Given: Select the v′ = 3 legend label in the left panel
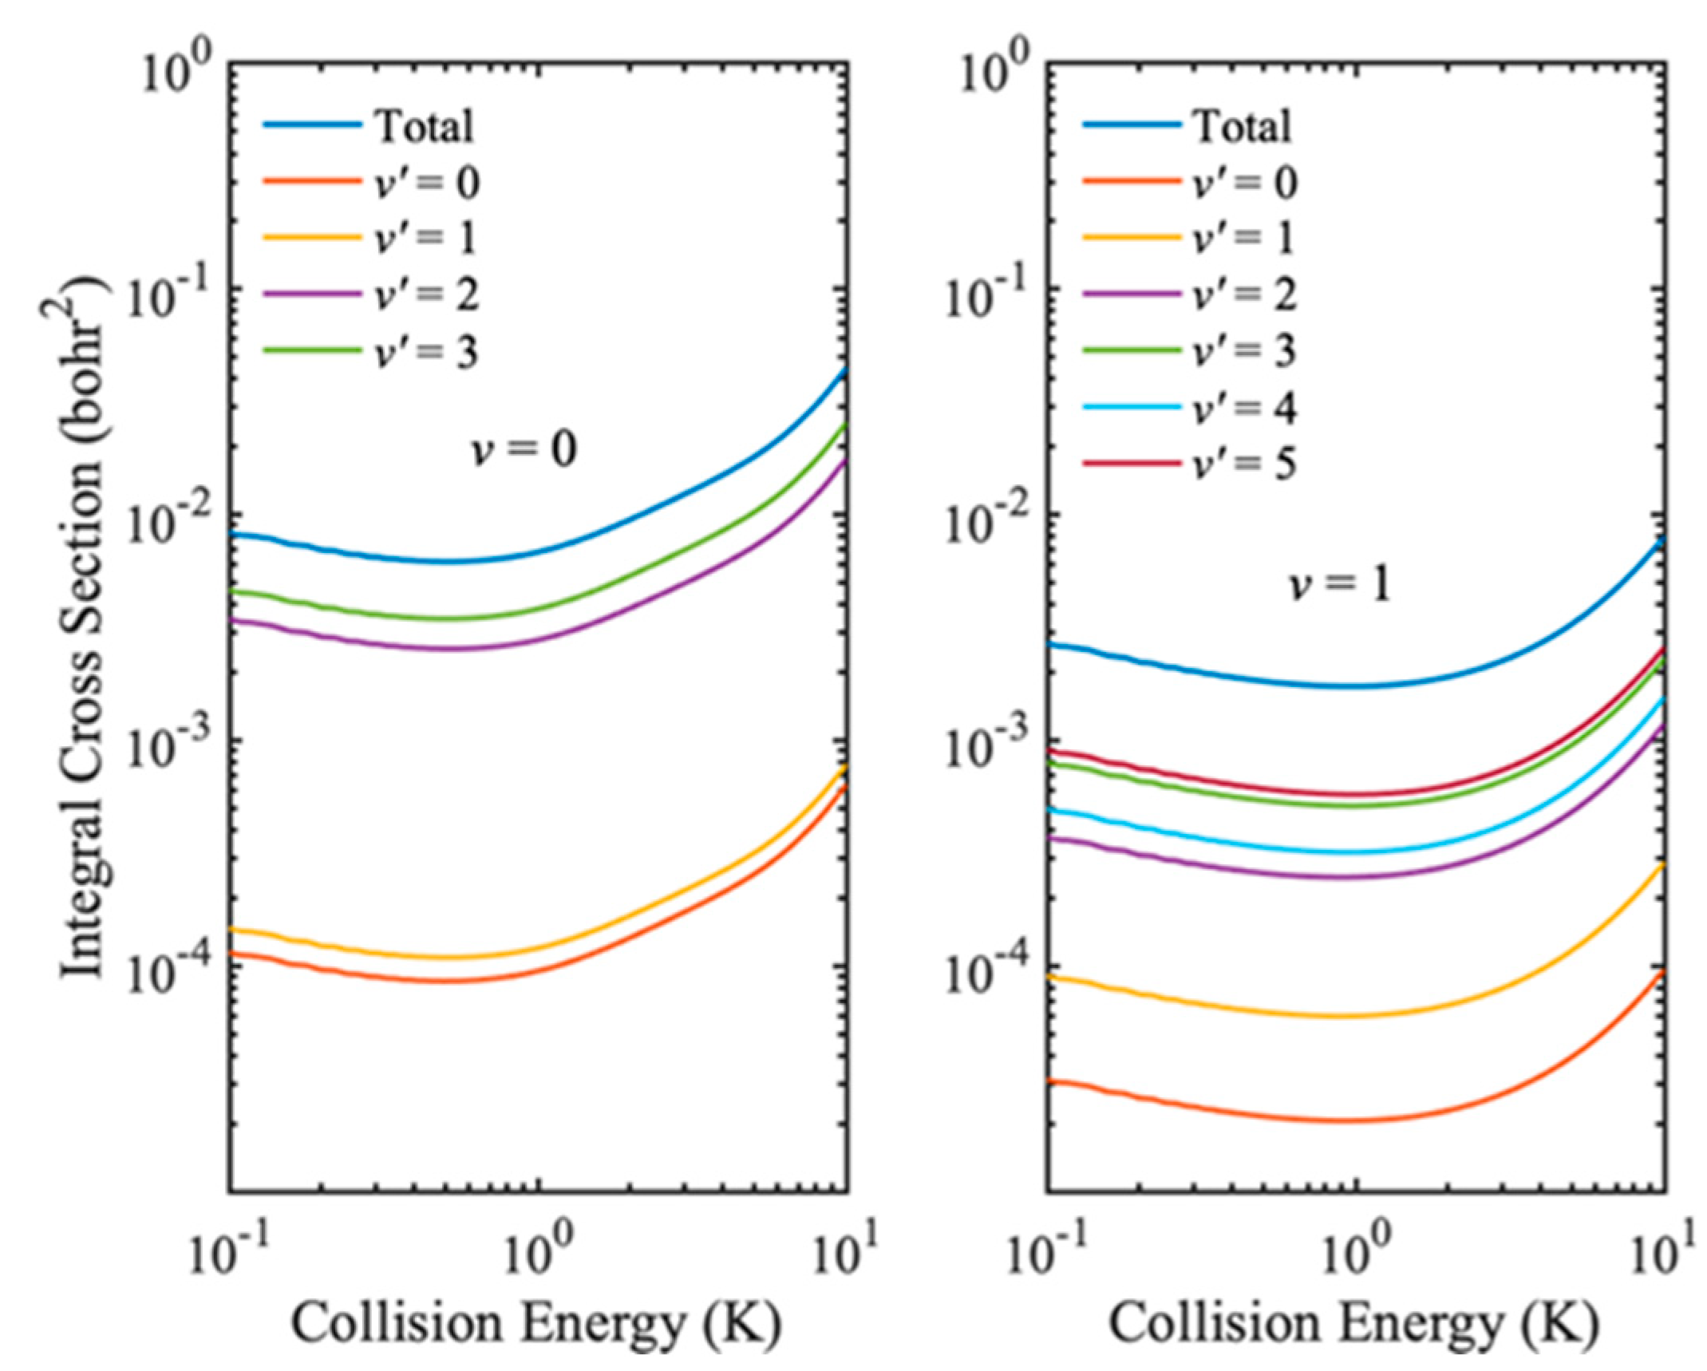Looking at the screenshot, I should (x=427, y=351).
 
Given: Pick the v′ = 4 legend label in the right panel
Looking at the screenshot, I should (x=1244, y=408).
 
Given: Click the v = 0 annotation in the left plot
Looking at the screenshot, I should (x=523, y=449).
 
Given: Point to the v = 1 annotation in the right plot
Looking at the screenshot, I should (x=1341, y=585).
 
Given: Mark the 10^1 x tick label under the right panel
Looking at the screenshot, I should (x=1664, y=1253).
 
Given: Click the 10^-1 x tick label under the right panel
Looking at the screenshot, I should (x=1037, y=1253).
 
